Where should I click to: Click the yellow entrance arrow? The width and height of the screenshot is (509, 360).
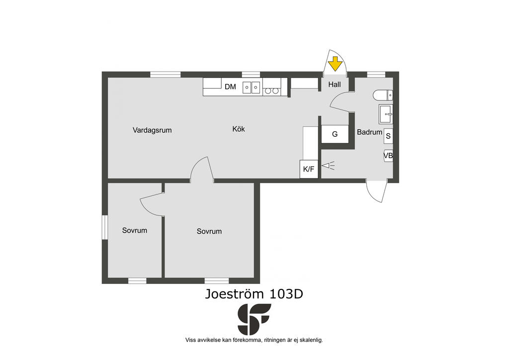click(335, 64)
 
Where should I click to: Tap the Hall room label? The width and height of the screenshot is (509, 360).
click(335, 85)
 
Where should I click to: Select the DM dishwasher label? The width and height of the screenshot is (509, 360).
click(230, 87)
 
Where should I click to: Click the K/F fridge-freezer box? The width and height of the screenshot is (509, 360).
click(309, 169)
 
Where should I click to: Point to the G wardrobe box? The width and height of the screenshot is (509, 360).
click(335, 134)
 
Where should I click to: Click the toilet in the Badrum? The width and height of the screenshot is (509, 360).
click(383, 95)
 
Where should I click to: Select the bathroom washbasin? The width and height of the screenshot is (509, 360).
click(386, 114)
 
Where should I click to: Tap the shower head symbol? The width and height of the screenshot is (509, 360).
click(328, 166)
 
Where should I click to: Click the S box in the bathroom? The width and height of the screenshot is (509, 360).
click(388, 136)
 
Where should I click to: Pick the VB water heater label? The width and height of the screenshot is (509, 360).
click(388, 156)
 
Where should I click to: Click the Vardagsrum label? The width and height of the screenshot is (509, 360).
click(152, 130)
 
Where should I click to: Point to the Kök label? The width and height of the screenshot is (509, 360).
click(239, 129)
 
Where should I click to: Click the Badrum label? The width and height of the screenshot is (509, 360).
click(369, 132)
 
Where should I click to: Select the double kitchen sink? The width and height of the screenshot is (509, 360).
click(252, 88)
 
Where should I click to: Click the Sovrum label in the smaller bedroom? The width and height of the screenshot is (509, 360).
click(134, 231)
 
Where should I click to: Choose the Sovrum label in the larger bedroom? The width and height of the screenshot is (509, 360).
click(209, 231)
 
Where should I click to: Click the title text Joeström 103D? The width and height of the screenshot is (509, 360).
click(254, 294)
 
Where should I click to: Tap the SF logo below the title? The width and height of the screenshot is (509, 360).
click(254, 319)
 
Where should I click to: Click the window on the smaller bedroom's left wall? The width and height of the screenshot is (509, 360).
click(104, 227)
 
